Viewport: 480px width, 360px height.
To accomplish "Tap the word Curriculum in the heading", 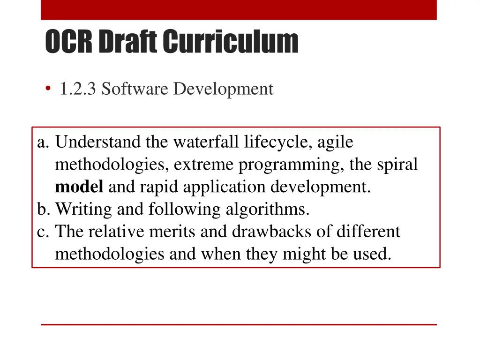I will [x=231, y=42].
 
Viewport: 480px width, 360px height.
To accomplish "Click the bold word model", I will [x=79, y=187].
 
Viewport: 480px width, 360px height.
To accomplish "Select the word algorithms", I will [x=268, y=209].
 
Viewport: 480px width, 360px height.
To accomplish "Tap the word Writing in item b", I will [x=84, y=209].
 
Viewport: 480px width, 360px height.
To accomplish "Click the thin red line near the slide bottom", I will [x=239, y=324].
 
